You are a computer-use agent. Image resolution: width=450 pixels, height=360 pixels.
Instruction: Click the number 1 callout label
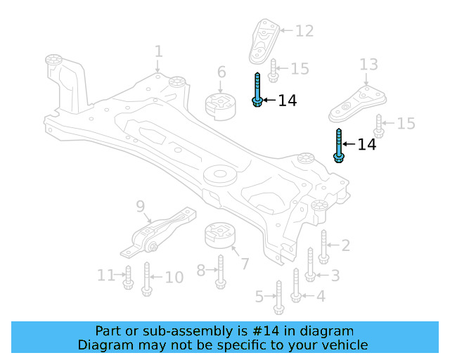[158, 51]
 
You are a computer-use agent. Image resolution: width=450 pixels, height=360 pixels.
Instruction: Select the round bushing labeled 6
[219, 105]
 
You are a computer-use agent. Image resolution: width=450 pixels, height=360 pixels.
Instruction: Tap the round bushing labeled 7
[219, 236]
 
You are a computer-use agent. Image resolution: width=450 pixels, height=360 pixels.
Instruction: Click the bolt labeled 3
[310, 265]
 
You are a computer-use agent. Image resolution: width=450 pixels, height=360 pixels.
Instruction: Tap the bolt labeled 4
[296, 284]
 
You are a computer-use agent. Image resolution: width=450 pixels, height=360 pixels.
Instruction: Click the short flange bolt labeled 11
[128, 278]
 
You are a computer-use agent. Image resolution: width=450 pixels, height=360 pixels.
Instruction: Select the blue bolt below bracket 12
[258, 90]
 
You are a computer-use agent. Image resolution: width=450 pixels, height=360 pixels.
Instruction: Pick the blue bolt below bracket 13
[338, 146]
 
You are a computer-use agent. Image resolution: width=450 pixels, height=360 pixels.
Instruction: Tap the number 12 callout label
[304, 31]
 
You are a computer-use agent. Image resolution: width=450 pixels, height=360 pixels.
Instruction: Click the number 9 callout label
[140, 206]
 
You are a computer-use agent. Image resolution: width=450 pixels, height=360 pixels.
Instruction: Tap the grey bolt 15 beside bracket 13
[379, 125]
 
